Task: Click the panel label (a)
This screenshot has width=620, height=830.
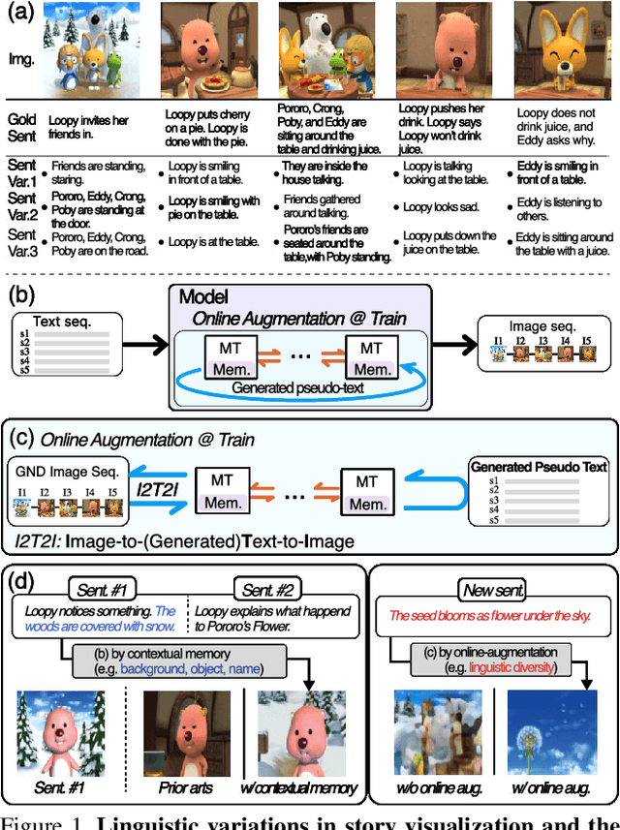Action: point(20,14)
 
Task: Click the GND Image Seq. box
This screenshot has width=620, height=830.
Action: point(65,495)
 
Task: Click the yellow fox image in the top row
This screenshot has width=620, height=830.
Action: point(553,48)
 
